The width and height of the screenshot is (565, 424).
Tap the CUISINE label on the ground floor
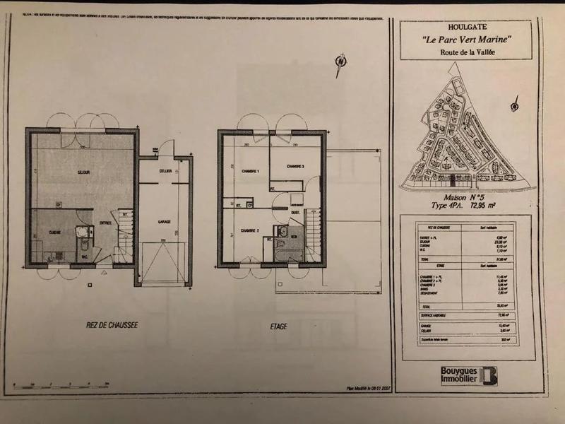tap(54, 232)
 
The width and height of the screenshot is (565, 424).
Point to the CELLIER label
tap(164, 170)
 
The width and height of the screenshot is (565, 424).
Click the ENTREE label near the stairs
tap(105, 223)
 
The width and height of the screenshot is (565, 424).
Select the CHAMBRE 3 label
tap(295, 166)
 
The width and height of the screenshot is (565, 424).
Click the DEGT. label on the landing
tap(296, 213)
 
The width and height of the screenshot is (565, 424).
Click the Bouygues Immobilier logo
tap(468, 375)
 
